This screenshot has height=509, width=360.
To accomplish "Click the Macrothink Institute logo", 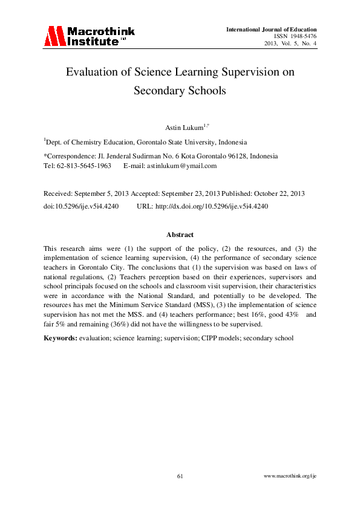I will click(x=89, y=36).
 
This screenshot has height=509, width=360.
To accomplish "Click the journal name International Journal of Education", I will click(x=271, y=30).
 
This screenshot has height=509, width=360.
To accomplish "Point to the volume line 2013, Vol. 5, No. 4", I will click(x=290, y=44).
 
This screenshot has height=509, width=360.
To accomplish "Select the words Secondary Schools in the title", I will click(x=180, y=91).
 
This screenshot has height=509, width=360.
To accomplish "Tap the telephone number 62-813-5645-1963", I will click(x=85, y=166).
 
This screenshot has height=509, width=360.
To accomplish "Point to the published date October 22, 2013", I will click(x=276, y=193).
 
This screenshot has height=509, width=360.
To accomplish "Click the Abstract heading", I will click(x=180, y=235).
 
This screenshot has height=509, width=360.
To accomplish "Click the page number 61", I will click(x=180, y=477).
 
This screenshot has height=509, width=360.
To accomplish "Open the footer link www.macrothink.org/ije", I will click(x=290, y=477).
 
